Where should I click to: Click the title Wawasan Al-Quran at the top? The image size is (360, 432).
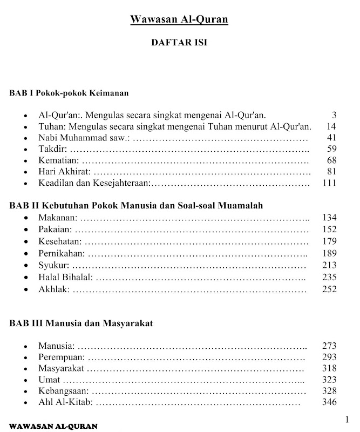click(x=179, y=20)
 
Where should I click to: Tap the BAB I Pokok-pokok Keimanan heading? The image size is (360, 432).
click(x=69, y=93)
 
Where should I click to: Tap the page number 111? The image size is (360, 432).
click(x=329, y=184)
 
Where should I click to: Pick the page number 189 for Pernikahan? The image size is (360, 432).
click(x=329, y=253)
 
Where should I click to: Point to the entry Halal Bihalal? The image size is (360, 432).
click(x=65, y=277)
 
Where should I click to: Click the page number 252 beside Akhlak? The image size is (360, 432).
click(x=329, y=289)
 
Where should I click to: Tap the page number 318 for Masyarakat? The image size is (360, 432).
click(x=329, y=369)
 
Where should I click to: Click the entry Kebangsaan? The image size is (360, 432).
click(x=64, y=391)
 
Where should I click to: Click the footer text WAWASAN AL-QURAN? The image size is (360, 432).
click(x=53, y=426)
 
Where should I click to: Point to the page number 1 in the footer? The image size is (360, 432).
click(x=348, y=420)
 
